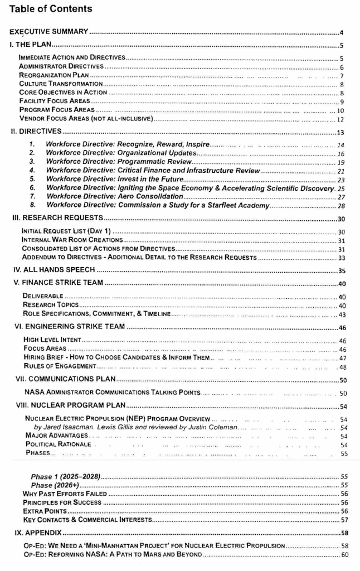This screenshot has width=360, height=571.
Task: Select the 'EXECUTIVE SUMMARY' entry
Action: [x=48, y=32]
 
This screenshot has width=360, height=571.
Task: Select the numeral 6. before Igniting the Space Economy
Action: [x=33, y=188]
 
